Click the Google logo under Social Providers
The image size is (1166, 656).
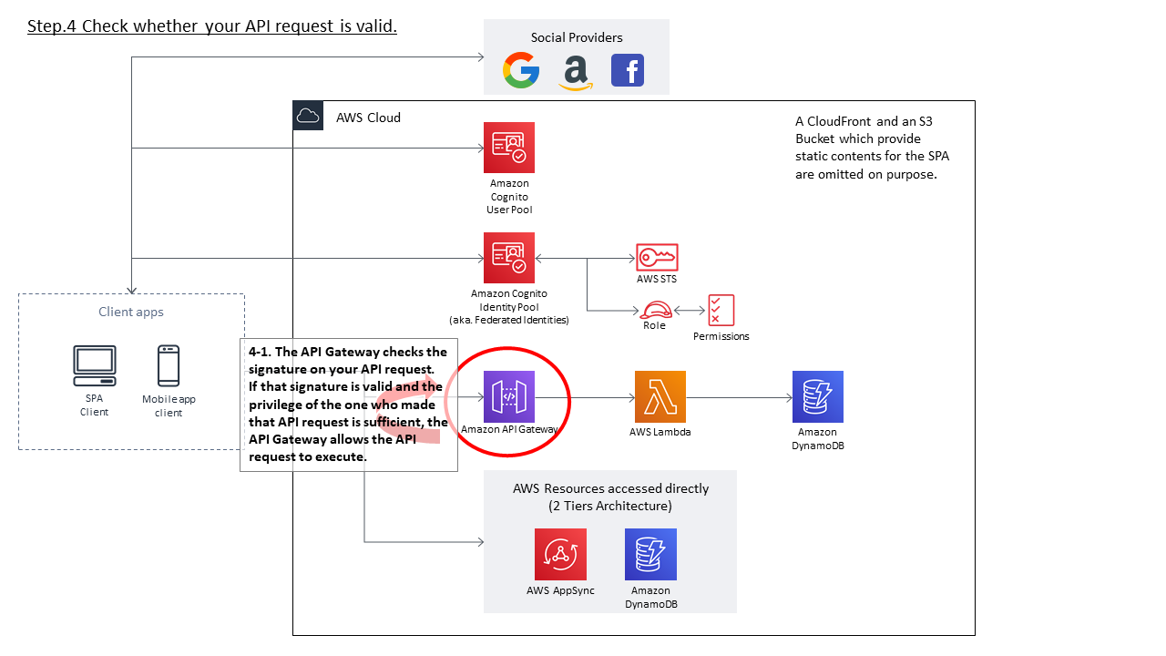click(x=521, y=70)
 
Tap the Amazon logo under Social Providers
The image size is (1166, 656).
click(x=575, y=72)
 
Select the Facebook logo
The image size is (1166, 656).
click(x=628, y=70)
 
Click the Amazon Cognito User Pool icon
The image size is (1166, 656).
click(x=509, y=148)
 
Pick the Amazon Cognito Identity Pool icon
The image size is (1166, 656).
click(x=509, y=258)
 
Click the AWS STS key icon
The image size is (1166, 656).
click(x=657, y=257)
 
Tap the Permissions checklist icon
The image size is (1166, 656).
click(x=721, y=311)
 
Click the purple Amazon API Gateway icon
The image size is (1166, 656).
click(x=509, y=396)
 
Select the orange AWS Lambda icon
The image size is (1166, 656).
click(x=660, y=396)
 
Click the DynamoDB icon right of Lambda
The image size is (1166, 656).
click(x=817, y=396)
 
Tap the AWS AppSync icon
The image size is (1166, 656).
click(x=560, y=554)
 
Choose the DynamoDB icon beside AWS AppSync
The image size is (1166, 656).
click(x=650, y=554)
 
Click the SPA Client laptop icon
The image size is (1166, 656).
click(x=95, y=366)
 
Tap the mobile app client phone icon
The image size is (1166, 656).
click(x=169, y=366)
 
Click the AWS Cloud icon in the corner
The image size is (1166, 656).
click(x=308, y=116)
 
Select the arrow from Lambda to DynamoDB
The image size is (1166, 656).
click(x=739, y=397)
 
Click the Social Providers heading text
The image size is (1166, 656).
click(x=577, y=37)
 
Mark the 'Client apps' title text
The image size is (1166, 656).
click(x=131, y=312)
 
